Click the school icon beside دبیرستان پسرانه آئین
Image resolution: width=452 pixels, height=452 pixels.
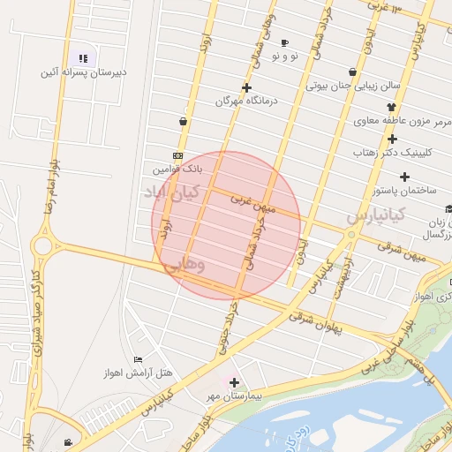pyautogui.click(x=83, y=59)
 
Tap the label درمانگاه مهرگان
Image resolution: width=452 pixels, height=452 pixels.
pyautogui.click(x=246, y=101)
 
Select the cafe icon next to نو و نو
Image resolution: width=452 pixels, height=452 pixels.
pyautogui.click(x=284, y=42)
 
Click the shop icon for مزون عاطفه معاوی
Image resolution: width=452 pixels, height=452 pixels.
pyautogui.click(x=391, y=107)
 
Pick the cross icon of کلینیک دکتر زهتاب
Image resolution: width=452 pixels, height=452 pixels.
pyautogui.click(x=392, y=138)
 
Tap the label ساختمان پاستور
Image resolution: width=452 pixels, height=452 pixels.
pyautogui.click(x=407, y=191)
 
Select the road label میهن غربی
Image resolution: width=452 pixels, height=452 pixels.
pyautogui.click(x=253, y=204)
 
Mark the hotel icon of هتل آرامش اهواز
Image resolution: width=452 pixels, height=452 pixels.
pyautogui.click(x=138, y=359)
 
